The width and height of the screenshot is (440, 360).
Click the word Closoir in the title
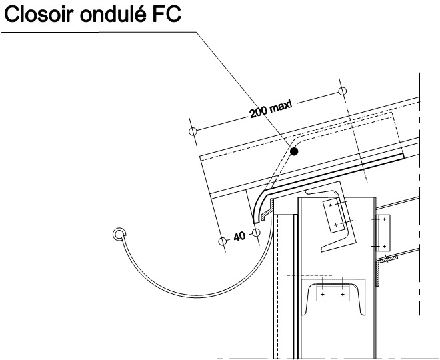[x=39, y=14]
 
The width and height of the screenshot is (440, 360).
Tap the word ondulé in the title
[x=113, y=14]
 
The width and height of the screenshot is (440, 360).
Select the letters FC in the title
[x=167, y=14]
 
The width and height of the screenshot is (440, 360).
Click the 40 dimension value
[x=239, y=236]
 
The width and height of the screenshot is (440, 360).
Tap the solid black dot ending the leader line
[x=294, y=151]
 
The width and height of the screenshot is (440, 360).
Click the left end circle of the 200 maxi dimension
[x=193, y=131]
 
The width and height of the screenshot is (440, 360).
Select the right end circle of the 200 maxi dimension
[x=343, y=91]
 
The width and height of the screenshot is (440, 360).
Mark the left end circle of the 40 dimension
[x=222, y=241]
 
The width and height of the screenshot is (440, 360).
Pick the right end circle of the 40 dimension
[x=256, y=233]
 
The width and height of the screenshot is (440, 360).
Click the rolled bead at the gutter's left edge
[x=119, y=234]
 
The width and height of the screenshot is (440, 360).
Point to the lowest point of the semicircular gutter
[x=197, y=297]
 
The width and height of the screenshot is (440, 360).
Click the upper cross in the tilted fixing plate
[x=331, y=206]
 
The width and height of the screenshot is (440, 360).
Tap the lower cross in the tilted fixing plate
[x=336, y=225]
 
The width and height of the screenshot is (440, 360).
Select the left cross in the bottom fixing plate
[x=323, y=295]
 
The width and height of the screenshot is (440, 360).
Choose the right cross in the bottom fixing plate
[x=343, y=295]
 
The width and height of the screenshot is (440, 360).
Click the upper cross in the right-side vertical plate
[x=385, y=219]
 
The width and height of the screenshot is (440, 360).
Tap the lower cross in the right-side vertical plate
[x=385, y=247]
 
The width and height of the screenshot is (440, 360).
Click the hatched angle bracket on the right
[x=378, y=270]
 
